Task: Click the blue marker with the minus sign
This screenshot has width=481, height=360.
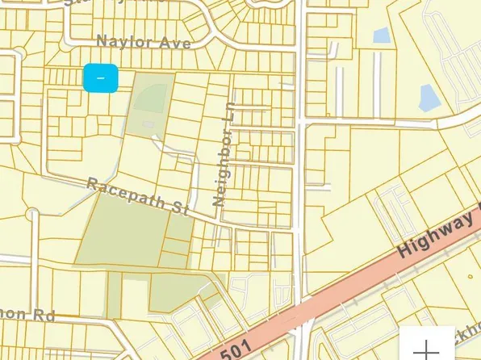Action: click(101, 78)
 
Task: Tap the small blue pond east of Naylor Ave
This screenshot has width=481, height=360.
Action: click(381, 36)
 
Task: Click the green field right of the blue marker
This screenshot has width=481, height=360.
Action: click(153, 95)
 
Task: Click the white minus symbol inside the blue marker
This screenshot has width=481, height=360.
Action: click(101, 78)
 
